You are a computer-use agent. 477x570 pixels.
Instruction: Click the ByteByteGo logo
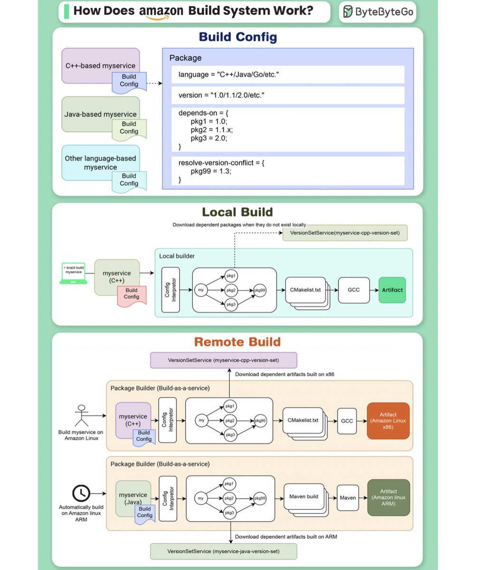[378, 12]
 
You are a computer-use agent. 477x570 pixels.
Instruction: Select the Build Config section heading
[238, 37]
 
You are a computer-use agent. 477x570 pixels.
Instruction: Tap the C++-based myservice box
[100, 66]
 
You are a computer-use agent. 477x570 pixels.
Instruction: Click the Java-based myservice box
[100, 114]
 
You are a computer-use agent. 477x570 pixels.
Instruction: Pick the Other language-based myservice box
[100, 162]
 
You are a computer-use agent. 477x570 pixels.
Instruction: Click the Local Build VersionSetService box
[345, 233]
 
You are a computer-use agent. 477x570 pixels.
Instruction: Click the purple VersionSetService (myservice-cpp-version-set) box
[223, 360]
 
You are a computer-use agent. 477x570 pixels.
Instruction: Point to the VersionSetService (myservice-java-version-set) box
[223, 551]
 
